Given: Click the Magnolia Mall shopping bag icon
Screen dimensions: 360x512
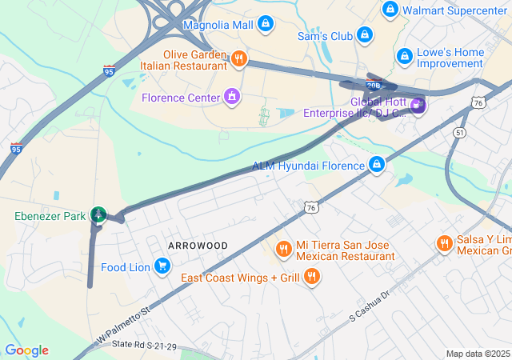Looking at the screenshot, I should (266, 25).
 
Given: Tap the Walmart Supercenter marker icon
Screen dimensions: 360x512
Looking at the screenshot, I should (390, 10).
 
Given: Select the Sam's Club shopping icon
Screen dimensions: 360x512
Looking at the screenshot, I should (365, 35).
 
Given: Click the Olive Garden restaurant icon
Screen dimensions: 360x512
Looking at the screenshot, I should (238, 58).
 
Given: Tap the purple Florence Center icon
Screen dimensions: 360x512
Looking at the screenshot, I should (232, 98).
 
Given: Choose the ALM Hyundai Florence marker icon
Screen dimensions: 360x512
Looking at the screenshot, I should (377, 165).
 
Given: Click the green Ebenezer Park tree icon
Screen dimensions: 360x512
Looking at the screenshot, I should (98, 214).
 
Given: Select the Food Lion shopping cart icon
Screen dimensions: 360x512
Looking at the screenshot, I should (162, 266).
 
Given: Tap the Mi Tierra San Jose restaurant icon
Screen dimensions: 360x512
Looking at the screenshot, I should (282, 250).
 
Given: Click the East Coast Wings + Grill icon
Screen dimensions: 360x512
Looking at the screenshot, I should (312, 277).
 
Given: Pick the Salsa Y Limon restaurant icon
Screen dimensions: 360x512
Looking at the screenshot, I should (444, 244).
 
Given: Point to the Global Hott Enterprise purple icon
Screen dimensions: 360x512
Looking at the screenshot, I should (417, 105).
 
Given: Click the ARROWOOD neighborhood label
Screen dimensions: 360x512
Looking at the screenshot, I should (198, 245).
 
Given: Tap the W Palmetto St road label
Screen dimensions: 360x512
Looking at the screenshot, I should (123, 325).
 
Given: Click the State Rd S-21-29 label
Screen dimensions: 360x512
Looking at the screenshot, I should (144, 344).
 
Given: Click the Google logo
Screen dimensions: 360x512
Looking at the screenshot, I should (26, 350).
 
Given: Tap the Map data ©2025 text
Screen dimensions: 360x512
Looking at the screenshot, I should (478, 354).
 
